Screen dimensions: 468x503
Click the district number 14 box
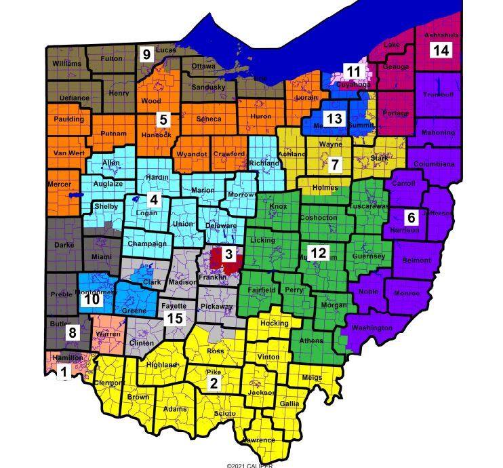pos(441,50)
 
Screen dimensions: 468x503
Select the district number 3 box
pos(229,254)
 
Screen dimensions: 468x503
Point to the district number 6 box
pos(410,218)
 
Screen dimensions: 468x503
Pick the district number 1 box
pos(65,372)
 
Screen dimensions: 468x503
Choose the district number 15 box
pos(175,319)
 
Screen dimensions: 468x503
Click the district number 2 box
pos(214,383)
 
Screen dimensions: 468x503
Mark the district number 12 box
pos(319,253)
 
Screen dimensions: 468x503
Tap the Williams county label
pos(66,64)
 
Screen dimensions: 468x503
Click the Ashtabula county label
pos(441,35)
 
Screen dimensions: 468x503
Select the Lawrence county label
pos(259,440)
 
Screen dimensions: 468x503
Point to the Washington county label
pos(372,328)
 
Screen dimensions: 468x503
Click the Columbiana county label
pos(435,164)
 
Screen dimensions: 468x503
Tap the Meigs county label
pos(312,378)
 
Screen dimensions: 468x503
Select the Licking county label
pos(262,240)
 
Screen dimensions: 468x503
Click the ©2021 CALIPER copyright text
pos(251,465)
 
